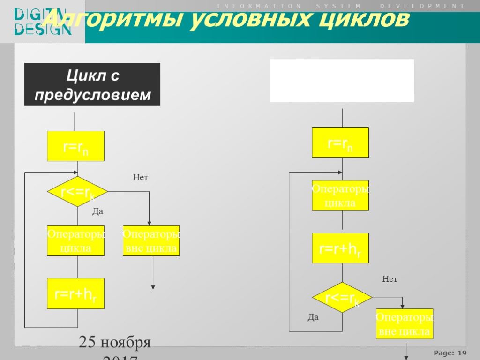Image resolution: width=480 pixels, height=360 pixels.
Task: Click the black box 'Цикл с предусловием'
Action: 92,84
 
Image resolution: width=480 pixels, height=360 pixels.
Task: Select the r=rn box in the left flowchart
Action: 75,146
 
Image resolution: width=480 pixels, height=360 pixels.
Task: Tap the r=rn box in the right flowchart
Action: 340,142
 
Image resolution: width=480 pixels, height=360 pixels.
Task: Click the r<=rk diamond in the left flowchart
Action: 77,192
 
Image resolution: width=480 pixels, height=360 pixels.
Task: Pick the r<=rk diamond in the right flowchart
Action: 342,297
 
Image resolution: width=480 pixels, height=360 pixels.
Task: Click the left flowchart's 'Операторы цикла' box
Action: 75,240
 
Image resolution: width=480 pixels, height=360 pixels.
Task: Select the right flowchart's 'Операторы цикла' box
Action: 340,195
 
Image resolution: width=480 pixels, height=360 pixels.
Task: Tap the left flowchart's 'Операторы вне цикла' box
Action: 151,240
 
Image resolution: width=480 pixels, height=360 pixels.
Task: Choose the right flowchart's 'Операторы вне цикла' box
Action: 405,324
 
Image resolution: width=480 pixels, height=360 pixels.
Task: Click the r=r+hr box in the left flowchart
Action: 75,293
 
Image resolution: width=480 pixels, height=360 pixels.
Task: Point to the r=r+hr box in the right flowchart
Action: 340,248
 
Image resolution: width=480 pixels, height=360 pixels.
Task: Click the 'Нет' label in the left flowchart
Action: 141,178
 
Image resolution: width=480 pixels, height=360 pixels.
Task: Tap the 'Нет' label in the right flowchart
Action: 390,279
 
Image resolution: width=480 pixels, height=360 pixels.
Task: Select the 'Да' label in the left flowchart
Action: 97,212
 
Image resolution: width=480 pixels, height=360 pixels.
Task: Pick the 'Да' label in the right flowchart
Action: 313,317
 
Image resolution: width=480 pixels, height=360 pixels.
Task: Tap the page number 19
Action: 462,352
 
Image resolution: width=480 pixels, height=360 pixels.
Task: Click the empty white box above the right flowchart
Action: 342,81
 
